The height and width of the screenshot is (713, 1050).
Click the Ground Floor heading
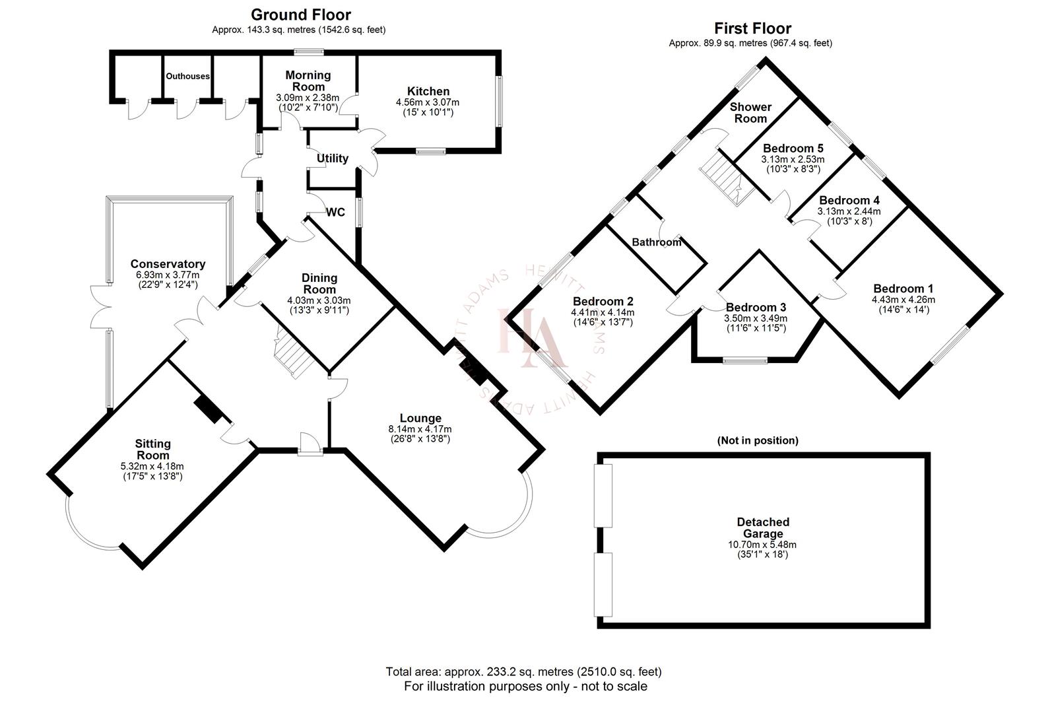(x=300, y=15)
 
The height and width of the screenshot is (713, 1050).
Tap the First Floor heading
(x=752, y=28)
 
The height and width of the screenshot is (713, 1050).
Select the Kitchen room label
(x=428, y=91)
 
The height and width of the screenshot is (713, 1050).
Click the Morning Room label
(x=308, y=81)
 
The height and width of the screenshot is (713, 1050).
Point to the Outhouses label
(x=187, y=76)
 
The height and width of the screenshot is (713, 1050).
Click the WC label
(x=336, y=213)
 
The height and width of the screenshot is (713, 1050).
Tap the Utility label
(x=332, y=158)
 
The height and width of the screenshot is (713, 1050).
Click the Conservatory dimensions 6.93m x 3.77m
(x=168, y=275)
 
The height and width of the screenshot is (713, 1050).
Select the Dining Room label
(x=319, y=283)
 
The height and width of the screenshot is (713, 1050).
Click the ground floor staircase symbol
(x=292, y=357)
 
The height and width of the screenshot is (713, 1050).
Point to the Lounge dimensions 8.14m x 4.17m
(x=420, y=428)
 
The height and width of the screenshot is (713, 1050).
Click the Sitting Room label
(x=152, y=449)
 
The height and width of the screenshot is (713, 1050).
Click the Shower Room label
(x=750, y=112)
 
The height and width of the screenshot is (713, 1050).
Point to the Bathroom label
(x=656, y=242)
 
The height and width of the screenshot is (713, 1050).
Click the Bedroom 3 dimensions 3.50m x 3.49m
(x=756, y=318)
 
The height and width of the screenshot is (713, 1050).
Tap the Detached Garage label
(x=762, y=527)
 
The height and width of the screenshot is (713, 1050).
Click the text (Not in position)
(x=757, y=440)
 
